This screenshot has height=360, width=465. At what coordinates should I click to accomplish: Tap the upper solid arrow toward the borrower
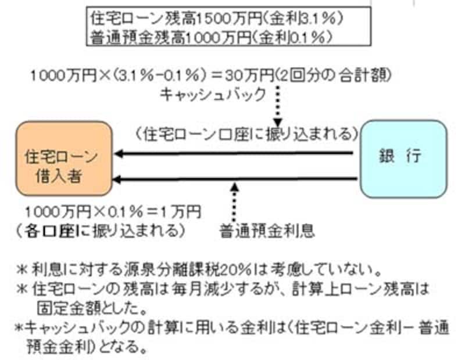pyautogui.click(x=233, y=154)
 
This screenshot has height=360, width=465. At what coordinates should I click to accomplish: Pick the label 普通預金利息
pyautogui.click(x=267, y=230)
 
